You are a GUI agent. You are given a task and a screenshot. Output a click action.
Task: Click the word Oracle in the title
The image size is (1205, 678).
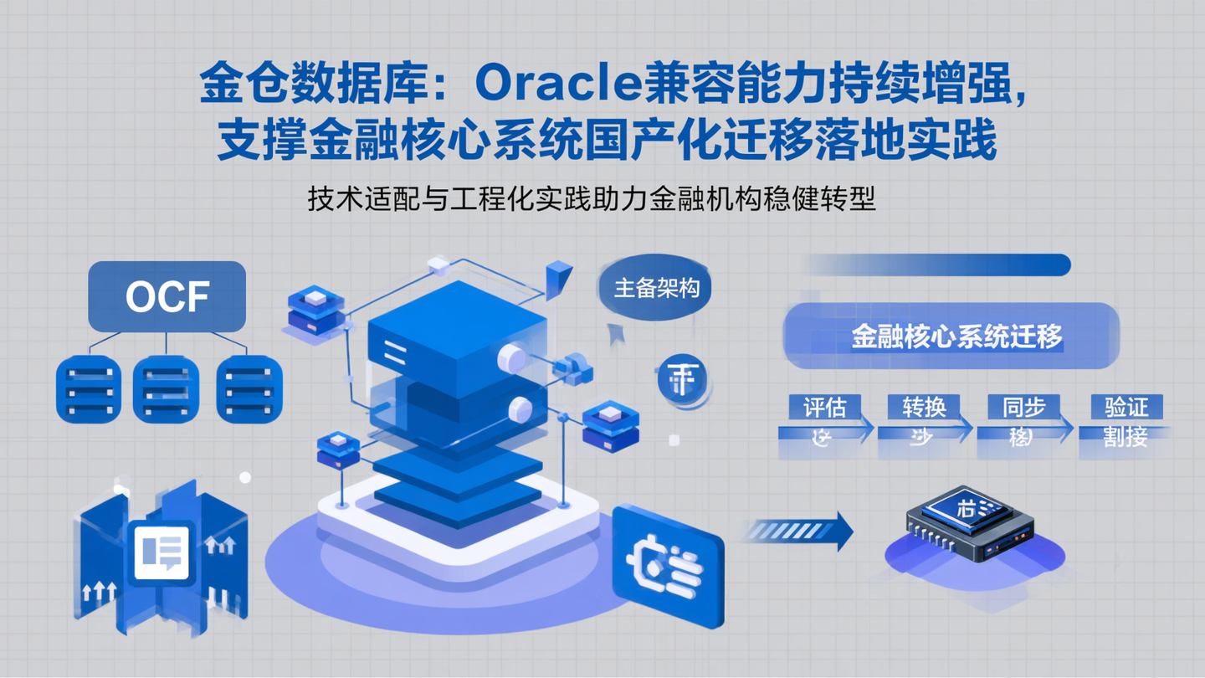tap(558, 85)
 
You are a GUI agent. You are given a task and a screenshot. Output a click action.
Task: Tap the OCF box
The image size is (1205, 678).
tap(167, 296)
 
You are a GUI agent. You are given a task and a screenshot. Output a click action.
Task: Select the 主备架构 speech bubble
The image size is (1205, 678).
tap(656, 289)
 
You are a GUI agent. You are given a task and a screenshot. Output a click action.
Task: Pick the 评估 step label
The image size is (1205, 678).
tap(824, 408)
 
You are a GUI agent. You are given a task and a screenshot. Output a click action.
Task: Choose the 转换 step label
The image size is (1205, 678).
tap(924, 408)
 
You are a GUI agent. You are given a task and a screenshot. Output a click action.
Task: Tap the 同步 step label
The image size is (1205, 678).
tap(1023, 408)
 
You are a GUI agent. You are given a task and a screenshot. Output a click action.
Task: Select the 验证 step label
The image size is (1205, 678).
tap(1126, 408)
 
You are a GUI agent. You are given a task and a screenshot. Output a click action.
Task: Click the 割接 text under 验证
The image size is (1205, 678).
tap(1125, 437)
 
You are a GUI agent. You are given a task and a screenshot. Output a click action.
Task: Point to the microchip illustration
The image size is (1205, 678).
tap(971, 524)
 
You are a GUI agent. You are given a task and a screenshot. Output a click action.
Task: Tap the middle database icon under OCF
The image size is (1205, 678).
tap(166, 389)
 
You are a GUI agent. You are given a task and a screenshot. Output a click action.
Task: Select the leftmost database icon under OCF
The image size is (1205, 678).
tap(89, 389)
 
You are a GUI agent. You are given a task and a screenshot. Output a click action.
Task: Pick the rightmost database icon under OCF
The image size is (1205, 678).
tap(249, 389)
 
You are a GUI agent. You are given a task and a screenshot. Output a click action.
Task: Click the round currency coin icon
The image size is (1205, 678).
tap(682, 379)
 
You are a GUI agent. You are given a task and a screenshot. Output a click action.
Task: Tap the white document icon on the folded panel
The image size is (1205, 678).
tap(162, 551)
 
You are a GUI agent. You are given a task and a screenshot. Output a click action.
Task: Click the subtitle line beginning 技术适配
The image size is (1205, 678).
tap(592, 200)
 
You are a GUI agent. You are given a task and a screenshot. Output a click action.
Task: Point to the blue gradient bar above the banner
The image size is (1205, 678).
tap(937, 265)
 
